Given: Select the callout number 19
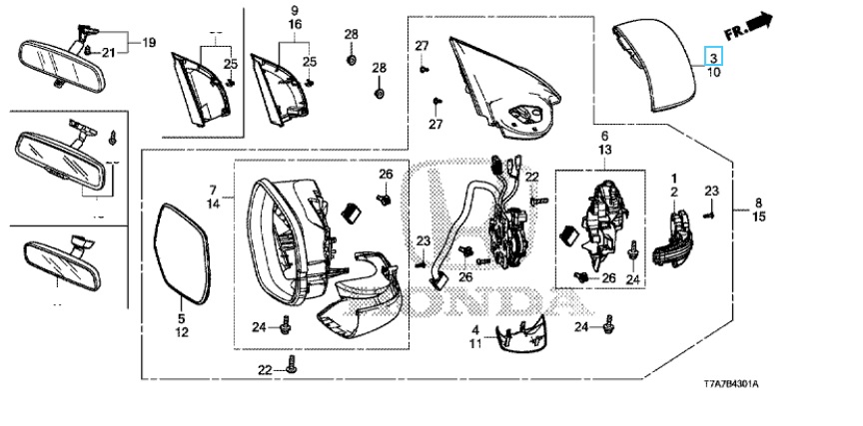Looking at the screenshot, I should [149, 43].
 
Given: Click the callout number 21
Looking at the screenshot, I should [108, 52].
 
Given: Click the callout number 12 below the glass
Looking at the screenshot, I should [182, 332].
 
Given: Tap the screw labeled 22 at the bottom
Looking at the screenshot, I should [291, 368].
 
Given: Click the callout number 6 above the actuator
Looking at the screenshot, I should [603, 135].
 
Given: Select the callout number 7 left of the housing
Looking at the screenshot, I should [213, 189].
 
